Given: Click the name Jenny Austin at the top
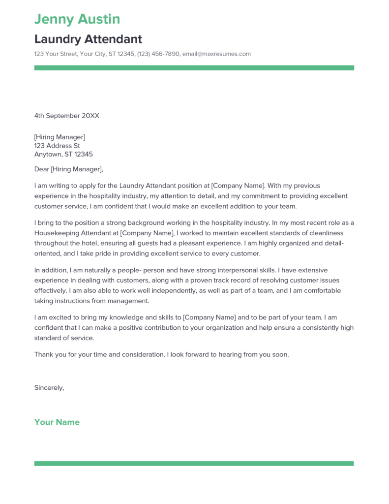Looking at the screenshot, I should (77, 19).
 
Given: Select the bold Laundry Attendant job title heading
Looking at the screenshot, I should (88, 39).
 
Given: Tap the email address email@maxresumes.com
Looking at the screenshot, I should (216, 54).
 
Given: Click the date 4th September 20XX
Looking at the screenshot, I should (66, 116).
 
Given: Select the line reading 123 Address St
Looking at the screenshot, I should (57, 146).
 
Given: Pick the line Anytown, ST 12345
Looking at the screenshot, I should (63, 154).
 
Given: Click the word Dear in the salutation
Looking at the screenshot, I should (41, 169).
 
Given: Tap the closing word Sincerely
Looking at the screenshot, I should (49, 387).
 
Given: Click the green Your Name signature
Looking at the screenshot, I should (57, 422).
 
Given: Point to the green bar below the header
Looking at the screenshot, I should (194, 68).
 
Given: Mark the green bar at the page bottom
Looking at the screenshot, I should (194, 464).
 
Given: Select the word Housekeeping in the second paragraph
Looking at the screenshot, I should (57, 233).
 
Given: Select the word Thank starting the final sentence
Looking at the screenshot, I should (44, 354).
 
